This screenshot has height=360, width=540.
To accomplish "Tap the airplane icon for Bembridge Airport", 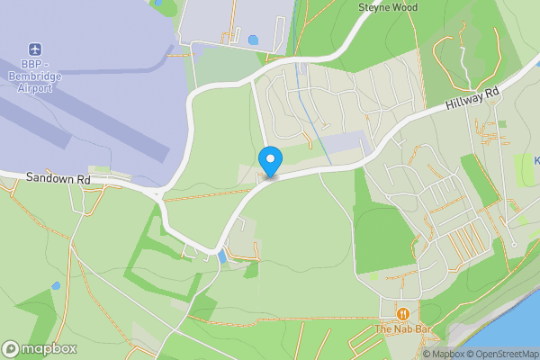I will (x=35, y=48).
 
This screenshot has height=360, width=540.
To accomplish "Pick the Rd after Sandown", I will (x=84, y=180).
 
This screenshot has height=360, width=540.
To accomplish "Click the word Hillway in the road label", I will (x=464, y=103).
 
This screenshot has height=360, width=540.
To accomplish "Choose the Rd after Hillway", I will (x=491, y=92).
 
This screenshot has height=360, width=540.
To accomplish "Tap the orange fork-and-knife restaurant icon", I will (x=403, y=314).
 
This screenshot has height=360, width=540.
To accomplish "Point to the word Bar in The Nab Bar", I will (x=424, y=329).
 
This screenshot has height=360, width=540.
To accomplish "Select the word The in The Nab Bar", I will (x=384, y=329).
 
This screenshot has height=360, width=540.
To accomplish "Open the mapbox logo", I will (x=40, y=349).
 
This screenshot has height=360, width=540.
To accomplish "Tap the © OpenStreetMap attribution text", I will (x=508, y=354).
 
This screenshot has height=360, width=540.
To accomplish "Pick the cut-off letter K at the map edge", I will (x=536, y=160).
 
